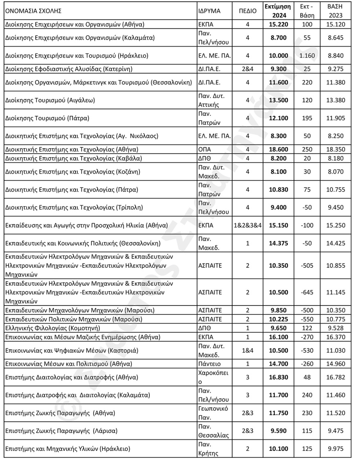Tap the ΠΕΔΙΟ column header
click(248, 11)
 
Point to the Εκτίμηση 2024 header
click(278, 11)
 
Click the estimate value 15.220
click(278, 24)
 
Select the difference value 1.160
click(307, 56)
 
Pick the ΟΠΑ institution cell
click(203, 149)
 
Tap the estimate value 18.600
click(278, 149)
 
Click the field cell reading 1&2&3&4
click(248, 225)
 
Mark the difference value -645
click(307, 292)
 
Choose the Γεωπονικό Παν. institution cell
click(212, 413)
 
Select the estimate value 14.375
click(278, 243)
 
